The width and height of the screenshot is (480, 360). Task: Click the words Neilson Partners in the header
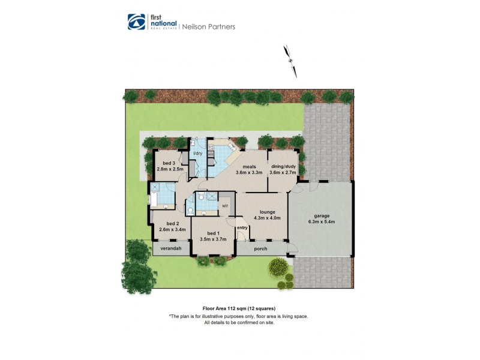point(212,26)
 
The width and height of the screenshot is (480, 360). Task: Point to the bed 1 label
point(212,233)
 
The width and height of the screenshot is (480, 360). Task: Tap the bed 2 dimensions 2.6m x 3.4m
point(172,229)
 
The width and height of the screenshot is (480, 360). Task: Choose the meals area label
point(250,167)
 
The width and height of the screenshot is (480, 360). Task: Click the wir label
point(225,205)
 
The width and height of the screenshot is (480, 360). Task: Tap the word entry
point(242,227)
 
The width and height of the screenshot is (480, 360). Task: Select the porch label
point(261,248)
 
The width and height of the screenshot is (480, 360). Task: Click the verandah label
point(170,248)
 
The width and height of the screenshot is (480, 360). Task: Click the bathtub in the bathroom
point(154,200)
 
